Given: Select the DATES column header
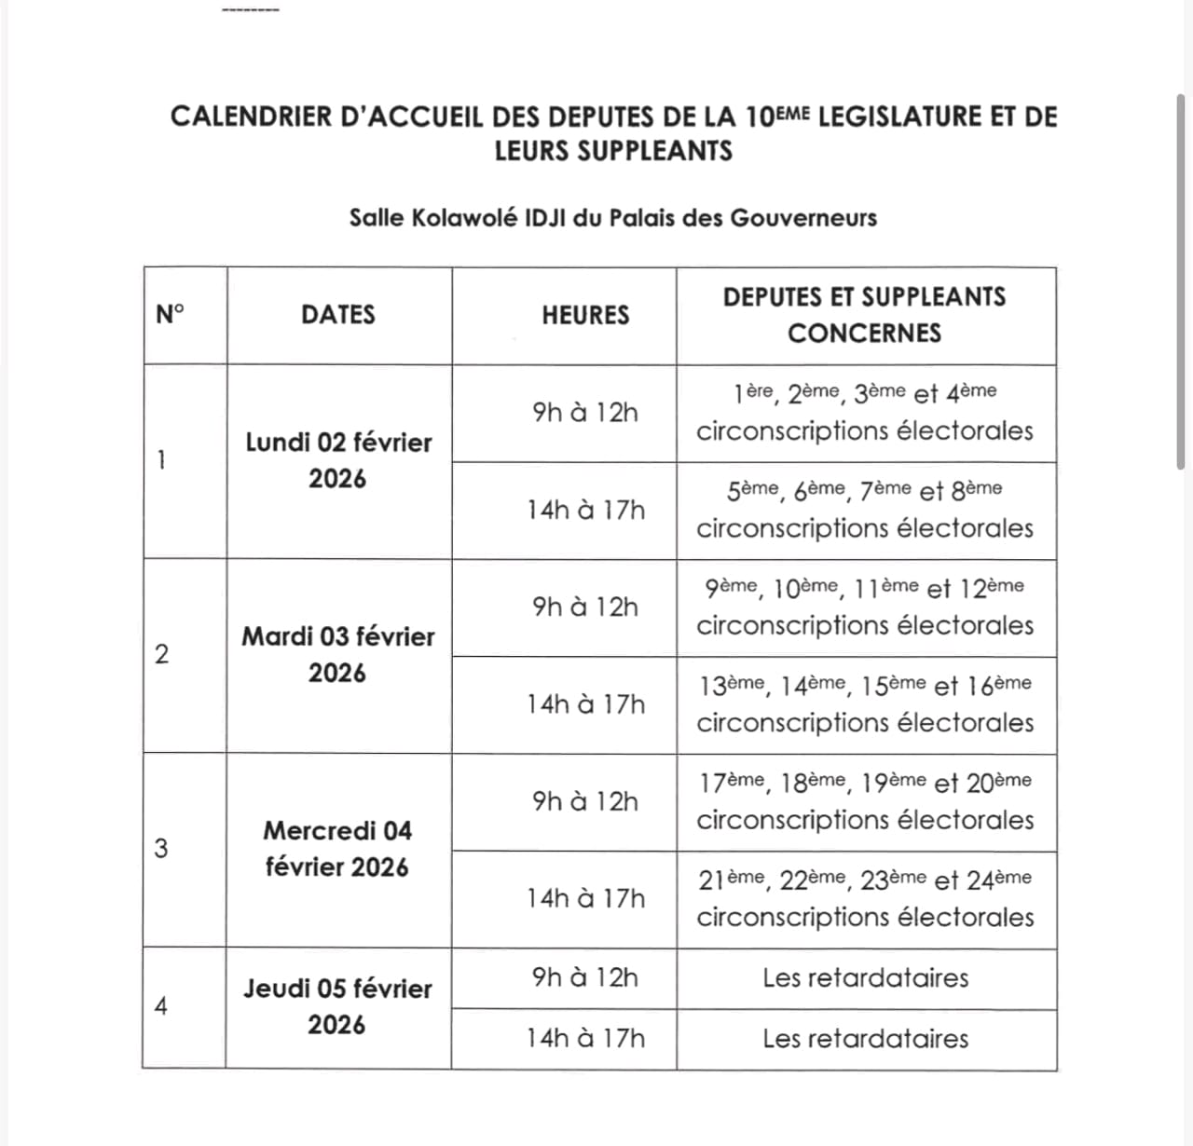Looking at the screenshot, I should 338,315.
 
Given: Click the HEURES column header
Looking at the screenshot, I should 585,315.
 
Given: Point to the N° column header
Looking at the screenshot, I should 171,315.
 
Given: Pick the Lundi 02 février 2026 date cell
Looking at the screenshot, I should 338,460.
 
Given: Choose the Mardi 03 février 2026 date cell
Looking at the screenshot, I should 338,655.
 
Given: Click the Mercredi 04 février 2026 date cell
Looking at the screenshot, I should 337,849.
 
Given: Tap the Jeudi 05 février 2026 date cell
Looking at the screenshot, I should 337,1006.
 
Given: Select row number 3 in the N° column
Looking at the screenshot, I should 161,849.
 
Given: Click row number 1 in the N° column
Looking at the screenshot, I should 161,460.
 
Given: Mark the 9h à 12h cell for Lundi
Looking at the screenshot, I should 585,412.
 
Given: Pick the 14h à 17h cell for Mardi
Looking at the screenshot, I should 585,704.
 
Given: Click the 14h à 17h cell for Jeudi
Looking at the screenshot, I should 585,1038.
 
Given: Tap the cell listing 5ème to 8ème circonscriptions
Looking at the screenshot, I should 865,510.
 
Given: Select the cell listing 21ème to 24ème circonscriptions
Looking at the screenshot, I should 865,898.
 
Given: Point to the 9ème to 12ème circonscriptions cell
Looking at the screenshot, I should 865,607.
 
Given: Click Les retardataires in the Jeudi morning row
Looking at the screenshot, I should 865,977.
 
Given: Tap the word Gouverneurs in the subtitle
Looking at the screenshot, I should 803,218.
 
